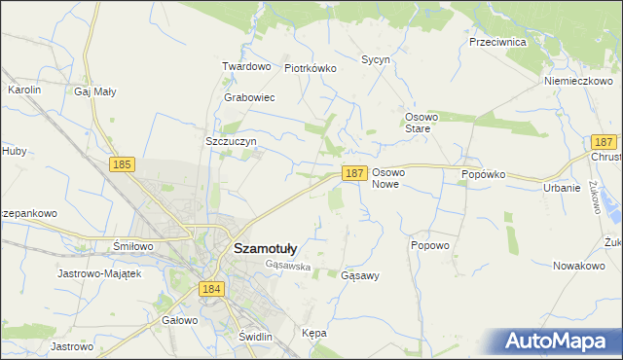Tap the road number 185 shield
122,165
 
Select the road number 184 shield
211,289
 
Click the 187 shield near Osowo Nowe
354,172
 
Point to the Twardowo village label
245,66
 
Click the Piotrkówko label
310,68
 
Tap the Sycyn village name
376,59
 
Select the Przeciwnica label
497,43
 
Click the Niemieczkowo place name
577,81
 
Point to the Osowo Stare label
423,123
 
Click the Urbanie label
562,188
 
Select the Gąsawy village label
360,275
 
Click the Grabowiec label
249,98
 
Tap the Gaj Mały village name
95,91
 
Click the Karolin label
24,90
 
